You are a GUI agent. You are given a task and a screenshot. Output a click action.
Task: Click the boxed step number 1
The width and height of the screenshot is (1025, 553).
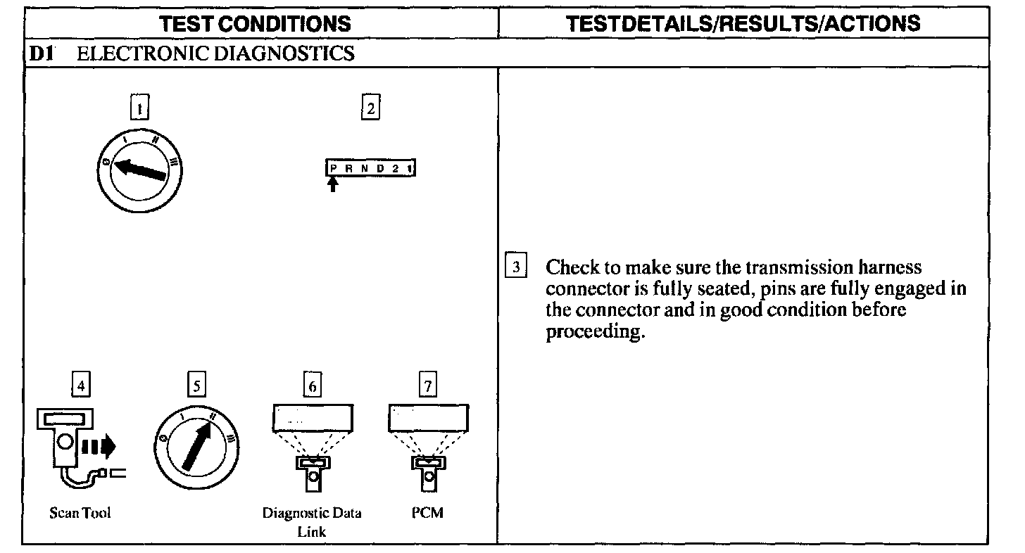point(141,109)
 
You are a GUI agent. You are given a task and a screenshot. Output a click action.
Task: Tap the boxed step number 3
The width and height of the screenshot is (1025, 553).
point(517,267)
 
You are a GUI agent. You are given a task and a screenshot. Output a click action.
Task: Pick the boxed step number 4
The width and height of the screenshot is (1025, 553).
point(82,386)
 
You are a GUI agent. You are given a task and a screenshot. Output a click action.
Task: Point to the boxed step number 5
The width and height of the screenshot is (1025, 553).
point(196,386)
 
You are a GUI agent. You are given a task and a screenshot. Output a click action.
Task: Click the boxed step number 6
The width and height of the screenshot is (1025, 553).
point(312,386)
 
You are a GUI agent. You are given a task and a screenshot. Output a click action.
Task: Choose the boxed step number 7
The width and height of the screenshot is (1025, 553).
point(427,386)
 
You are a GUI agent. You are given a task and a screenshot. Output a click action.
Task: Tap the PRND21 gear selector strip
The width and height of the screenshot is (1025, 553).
point(370,169)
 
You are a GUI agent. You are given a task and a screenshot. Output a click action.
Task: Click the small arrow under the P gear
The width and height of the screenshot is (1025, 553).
point(334,185)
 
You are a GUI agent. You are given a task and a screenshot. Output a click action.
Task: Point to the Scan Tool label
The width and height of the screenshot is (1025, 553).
point(80,513)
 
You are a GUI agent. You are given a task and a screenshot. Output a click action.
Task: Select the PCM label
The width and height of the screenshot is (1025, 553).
point(427,513)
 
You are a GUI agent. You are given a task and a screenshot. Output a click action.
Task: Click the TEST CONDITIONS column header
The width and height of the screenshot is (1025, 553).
point(256,24)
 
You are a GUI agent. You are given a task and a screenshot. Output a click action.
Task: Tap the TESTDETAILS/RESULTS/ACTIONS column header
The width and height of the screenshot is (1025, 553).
point(743,24)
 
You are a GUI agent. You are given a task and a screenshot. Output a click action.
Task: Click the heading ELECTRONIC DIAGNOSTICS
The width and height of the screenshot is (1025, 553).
point(215,53)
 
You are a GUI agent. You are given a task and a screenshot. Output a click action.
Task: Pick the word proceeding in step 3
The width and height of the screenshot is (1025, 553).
point(596,332)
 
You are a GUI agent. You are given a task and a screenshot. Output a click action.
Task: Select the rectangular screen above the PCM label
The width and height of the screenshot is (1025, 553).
point(428,418)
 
